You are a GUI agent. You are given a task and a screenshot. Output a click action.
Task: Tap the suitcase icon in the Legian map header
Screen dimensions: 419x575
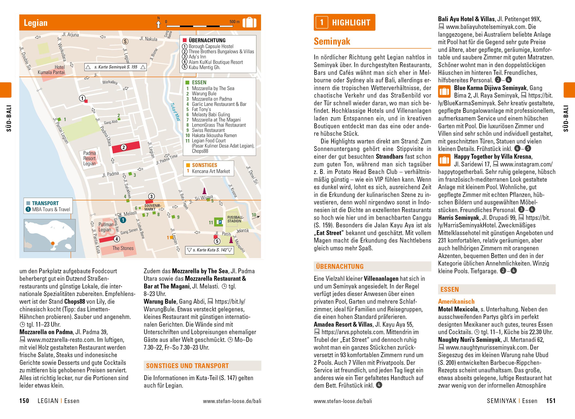point(249,23)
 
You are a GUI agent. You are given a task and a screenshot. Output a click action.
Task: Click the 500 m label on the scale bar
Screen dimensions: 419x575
point(234,22)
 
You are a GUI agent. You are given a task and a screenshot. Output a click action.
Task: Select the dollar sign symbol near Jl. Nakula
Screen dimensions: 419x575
point(125,41)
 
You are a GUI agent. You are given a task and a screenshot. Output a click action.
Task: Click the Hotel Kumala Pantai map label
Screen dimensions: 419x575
point(51,70)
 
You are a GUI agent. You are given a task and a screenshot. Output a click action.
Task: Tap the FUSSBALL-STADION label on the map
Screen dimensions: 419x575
point(235,219)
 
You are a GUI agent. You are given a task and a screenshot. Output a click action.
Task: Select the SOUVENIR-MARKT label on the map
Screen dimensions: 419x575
point(152,207)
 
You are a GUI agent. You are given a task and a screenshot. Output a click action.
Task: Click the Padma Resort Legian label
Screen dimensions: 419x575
point(89,158)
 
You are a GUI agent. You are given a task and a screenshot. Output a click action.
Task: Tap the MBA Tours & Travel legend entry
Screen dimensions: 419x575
point(51,209)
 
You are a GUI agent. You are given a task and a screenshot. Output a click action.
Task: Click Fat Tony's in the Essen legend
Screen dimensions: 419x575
point(201,109)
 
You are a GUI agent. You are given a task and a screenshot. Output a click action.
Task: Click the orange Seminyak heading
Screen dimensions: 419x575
point(332,41)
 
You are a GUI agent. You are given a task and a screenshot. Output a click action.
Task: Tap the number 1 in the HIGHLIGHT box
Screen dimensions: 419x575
point(322,23)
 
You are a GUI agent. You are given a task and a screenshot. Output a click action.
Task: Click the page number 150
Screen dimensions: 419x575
point(24,401)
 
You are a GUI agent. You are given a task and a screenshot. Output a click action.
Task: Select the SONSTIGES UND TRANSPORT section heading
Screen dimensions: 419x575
point(187,366)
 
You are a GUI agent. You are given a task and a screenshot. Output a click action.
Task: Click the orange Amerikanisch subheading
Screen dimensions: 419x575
point(456,302)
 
